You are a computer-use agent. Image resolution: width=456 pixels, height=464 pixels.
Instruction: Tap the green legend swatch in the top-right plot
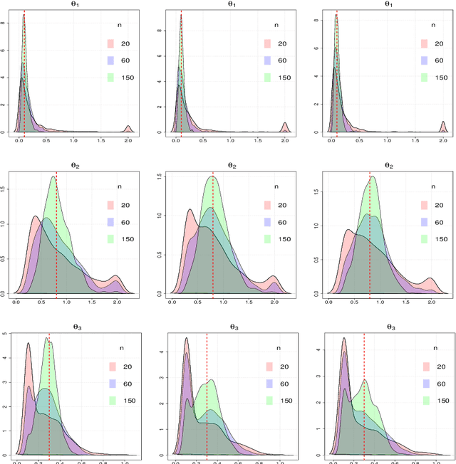pos(425,77)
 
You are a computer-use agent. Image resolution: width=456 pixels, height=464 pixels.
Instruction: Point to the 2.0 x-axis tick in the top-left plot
pos(128,142)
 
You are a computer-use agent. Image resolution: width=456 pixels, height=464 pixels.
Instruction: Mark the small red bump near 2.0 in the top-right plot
pos(442,127)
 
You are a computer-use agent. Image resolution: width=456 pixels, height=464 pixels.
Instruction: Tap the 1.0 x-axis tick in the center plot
pos(223,302)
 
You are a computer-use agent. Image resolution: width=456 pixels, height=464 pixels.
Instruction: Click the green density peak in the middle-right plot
pos(373,178)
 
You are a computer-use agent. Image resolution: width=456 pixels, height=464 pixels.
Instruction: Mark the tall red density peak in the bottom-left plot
pos(28,344)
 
